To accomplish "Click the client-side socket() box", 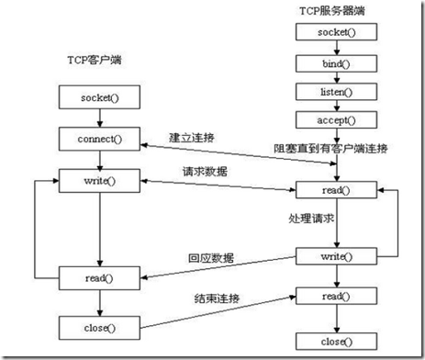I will pyautogui.click(x=96, y=96).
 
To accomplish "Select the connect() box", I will pyautogui.click(x=96, y=139).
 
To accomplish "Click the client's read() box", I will pyautogui.click(x=96, y=276).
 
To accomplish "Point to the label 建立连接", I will pyautogui.click(x=191, y=137).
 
